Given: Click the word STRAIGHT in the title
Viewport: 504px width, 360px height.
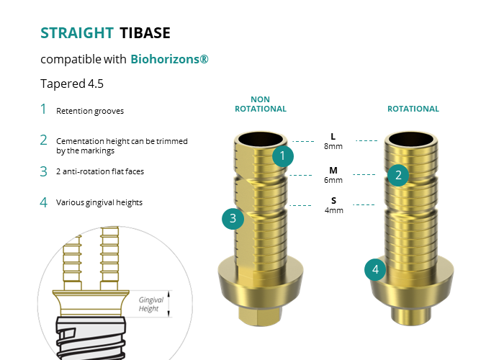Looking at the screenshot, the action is [x=77, y=33].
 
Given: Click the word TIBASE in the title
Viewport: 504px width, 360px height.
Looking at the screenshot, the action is [x=145, y=33].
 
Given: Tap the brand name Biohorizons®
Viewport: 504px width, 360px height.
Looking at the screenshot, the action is [x=169, y=59].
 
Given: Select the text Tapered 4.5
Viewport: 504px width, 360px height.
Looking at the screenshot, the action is [x=72, y=84].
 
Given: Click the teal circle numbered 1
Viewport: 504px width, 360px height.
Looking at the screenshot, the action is [x=282, y=156].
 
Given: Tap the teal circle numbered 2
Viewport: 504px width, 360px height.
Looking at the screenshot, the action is [x=398, y=175].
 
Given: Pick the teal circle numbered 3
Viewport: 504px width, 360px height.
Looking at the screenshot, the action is [x=233, y=219].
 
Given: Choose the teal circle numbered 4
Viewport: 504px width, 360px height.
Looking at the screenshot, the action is [x=375, y=269].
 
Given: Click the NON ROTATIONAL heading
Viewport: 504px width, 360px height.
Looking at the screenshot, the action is [x=261, y=104].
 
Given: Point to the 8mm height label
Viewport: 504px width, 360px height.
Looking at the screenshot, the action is [x=333, y=146].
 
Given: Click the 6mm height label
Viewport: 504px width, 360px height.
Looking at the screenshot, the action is [x=333, y=180].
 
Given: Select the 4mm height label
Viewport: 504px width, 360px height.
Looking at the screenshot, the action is [x=333, y=210].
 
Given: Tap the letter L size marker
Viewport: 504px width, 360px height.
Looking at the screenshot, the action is [x=333, y=137].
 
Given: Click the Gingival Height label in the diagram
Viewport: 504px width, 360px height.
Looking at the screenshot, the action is [x=150, y=304].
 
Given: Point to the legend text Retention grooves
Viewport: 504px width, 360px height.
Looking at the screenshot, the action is [x=90, y=111].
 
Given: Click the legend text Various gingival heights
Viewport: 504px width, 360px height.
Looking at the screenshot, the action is [x=99, y=202].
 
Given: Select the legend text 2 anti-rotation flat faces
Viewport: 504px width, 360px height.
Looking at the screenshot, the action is [x=100, y=171].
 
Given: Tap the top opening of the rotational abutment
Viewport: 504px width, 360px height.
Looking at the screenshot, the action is [x=411, y=139].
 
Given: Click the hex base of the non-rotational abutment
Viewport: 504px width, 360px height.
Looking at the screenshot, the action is [x=261, y=315].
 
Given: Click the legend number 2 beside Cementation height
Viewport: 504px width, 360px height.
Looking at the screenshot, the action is [x=43, y=140].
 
